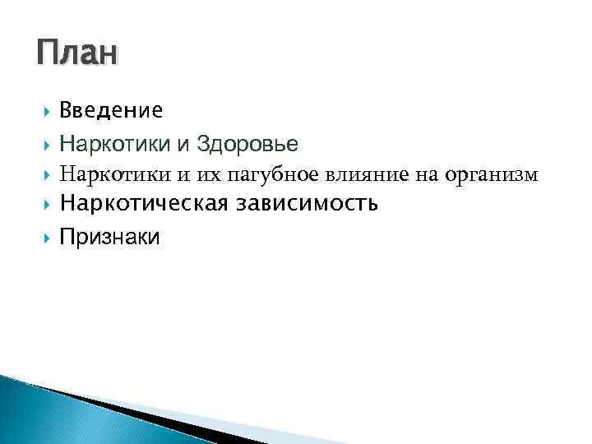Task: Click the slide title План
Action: point(77,54)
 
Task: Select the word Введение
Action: point(111,110)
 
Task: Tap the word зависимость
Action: point(308,204)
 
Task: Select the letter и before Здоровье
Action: point(182,146)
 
